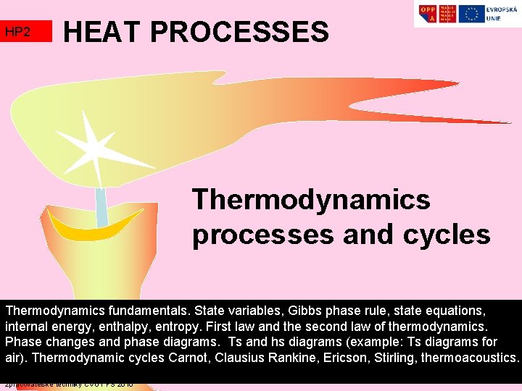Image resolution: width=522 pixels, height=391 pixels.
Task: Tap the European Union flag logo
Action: click(473, 14)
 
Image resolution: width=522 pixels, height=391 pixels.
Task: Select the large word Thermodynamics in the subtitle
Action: click(311, 199)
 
